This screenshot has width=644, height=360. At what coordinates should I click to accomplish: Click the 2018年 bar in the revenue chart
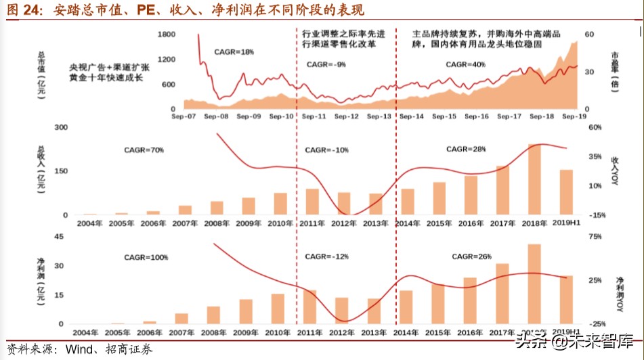point(535,179)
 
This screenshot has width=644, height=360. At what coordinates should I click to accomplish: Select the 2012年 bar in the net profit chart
point(343,311)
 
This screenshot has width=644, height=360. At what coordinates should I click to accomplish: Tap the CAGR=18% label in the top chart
point(234,52)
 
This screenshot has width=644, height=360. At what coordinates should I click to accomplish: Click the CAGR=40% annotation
point(465,64)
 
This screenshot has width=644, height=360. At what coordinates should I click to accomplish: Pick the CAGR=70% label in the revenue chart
point(144,150)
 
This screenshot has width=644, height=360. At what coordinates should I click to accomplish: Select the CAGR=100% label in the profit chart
point(146,258)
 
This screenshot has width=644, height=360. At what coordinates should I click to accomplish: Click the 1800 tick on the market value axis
point(166,34)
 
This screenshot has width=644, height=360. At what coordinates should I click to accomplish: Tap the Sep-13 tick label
point(379,116)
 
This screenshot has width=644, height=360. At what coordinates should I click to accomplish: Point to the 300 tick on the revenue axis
point(61,127)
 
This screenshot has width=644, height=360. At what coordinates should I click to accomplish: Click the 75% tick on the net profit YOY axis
point(595,236)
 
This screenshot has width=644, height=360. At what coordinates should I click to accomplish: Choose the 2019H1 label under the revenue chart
point(567,222)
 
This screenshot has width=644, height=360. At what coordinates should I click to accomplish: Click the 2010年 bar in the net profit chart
point(277,309)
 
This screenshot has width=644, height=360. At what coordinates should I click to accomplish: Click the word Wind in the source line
point(79,350)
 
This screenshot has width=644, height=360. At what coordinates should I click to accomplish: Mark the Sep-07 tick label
point(183,116)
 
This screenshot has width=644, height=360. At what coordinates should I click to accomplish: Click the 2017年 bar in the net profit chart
point(502,294)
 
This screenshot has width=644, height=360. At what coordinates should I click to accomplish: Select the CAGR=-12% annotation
point(326,257)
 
